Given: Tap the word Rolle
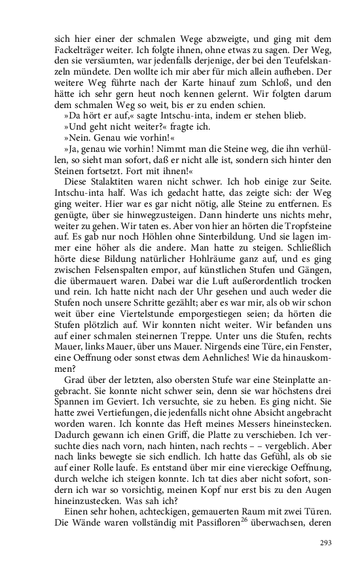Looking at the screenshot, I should pos(104,490).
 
